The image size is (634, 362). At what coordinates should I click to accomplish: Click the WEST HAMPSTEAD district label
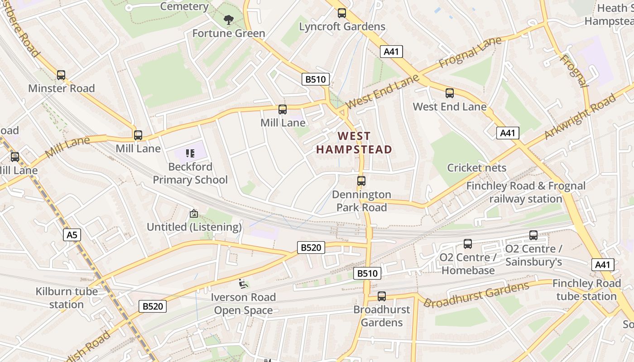[x=354, y=143]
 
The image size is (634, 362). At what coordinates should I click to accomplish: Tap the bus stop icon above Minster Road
[x=61, y=75]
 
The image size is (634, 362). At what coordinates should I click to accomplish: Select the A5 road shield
[x=72, y=235]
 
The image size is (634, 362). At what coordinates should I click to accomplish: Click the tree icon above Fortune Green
[x=229, y=19]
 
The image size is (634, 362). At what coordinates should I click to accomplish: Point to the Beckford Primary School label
[x=190, y=173]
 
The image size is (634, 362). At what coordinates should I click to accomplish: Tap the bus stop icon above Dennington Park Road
[x=361, y=181]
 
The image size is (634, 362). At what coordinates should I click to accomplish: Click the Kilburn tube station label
[x=67, y=298]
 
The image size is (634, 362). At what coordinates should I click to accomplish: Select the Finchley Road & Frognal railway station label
[x=526, y=192]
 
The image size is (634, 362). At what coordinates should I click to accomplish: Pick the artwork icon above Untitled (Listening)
[x=194, y=214]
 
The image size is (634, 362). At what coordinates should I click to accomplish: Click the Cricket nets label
[x=477, y=168]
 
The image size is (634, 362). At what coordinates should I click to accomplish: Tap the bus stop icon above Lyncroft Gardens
[x=342, y=13]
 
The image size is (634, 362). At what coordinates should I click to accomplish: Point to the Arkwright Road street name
[x=580, y=117]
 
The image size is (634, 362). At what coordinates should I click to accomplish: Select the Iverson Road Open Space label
[x=244, y=304]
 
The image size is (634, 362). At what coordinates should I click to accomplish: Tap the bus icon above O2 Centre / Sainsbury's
[x=533, y=235]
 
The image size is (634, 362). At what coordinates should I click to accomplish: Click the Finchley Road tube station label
[x=586, y=290]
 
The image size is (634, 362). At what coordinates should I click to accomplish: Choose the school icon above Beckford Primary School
[x=190, y=154]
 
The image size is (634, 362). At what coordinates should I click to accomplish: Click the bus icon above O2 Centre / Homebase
[x=468, y=244]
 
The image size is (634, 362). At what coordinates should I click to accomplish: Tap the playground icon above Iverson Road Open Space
[x=243, y=284]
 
